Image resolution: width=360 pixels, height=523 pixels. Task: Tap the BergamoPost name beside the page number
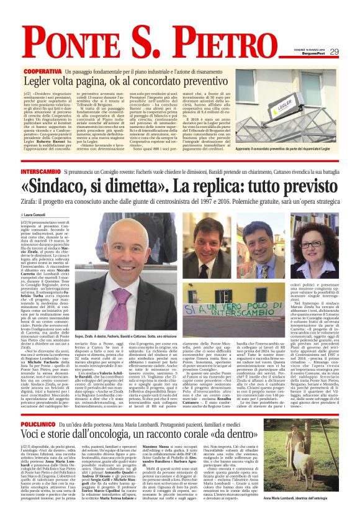331,55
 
